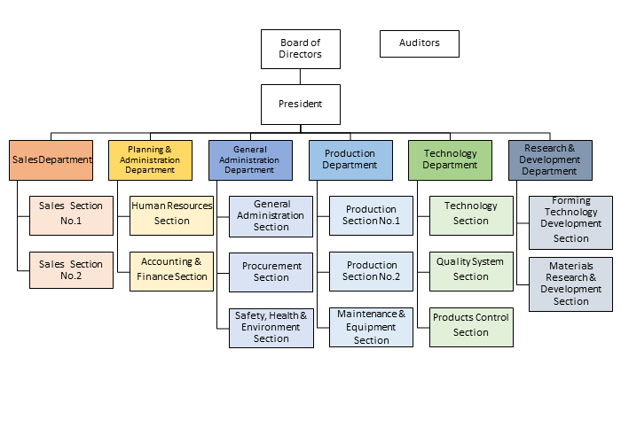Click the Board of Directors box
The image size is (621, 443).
301,48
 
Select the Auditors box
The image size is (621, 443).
420,43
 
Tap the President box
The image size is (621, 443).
301,105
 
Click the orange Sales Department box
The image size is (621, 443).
51,160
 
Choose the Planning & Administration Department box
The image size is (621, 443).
150,160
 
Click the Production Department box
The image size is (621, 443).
350,160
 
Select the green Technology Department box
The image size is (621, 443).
450,160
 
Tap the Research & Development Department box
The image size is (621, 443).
550,160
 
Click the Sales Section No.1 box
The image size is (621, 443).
71,214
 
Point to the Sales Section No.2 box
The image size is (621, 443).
71,269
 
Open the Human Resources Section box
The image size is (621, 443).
171,214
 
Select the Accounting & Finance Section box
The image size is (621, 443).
171,269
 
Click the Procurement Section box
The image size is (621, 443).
271,271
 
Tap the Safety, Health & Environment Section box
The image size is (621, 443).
271,327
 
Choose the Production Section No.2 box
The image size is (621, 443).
372,271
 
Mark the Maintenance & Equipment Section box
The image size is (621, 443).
372,327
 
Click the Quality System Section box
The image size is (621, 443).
471,269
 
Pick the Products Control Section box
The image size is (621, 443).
471,326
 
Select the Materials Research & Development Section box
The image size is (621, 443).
570,284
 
